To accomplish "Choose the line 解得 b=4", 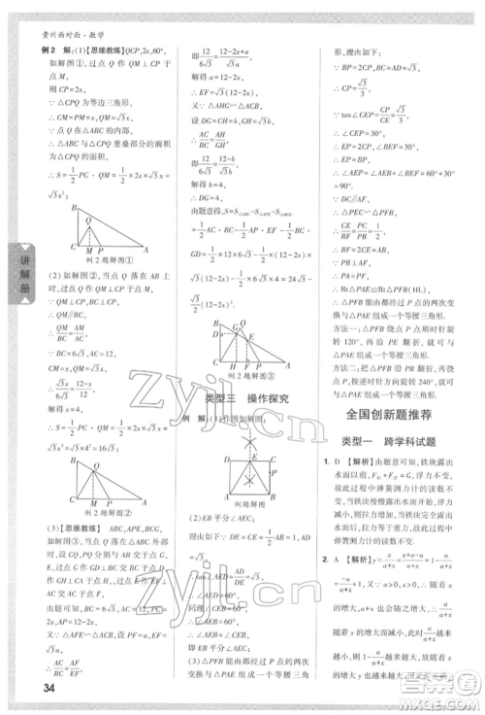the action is point(218,182).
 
